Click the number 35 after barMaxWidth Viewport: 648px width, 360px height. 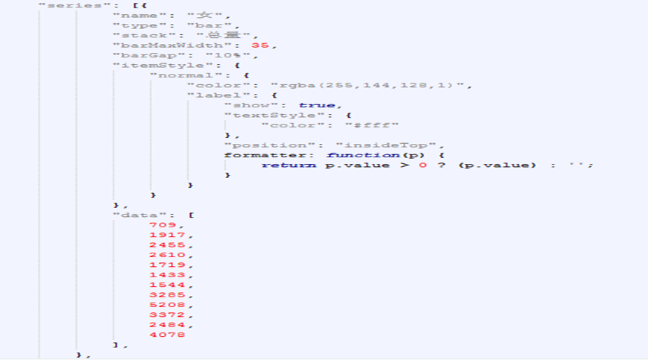[260, 45]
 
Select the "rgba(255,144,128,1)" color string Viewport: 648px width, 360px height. [369, 86]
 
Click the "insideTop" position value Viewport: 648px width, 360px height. [389, 145]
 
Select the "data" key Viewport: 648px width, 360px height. [135, 215]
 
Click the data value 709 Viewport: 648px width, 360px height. [163, 224]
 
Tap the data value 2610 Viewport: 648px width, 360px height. [166, 254]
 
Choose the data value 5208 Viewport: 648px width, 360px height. [166, 304]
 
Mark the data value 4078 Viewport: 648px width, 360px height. [166, 334]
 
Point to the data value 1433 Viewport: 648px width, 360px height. [166, 274]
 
